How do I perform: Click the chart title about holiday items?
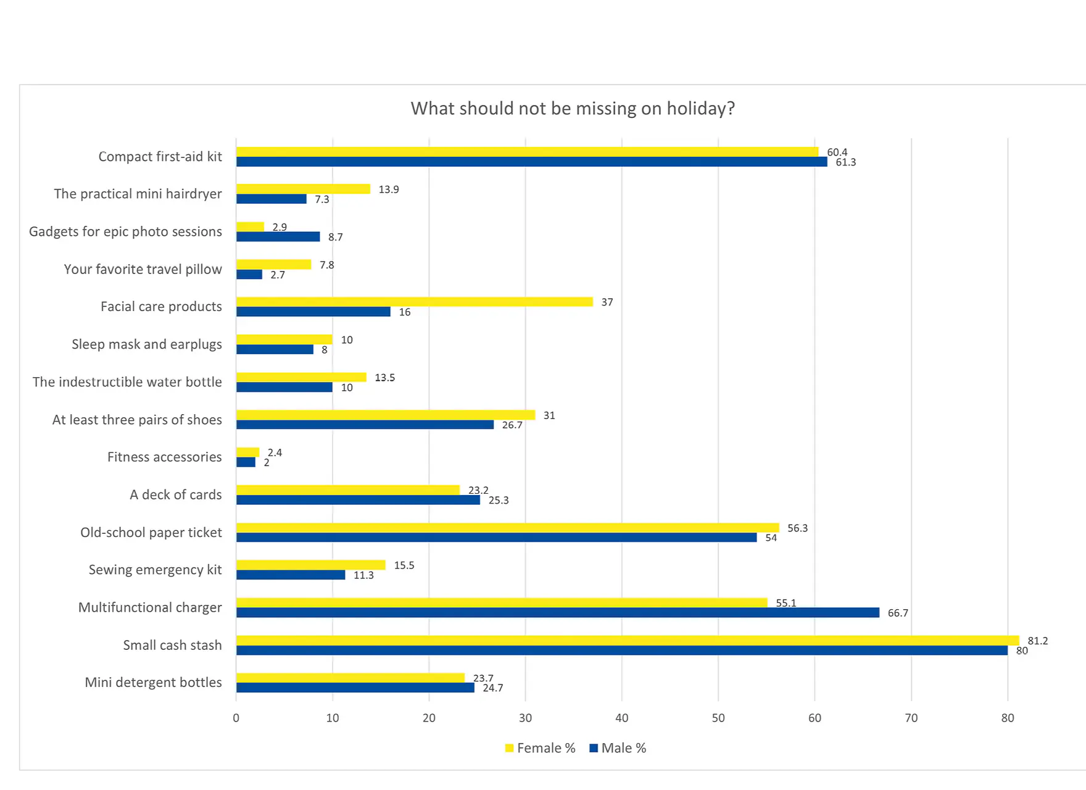[573, 109]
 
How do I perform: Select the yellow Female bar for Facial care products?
[414, 302]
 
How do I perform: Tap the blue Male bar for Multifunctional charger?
[557, 613]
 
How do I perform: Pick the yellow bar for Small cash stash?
[627, 641]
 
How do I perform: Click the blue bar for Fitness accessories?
[246, 462]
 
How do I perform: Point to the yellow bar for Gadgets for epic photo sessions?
[250, 227]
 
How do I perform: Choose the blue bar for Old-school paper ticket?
[496, 538]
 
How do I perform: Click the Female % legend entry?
[540, 748]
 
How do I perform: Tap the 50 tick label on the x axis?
[718, 718]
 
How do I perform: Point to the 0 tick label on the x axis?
[236, 718]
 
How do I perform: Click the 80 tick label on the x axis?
[1008, 718]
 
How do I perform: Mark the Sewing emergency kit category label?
[155, 570]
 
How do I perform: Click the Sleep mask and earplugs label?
[146, 344]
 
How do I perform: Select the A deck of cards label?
[175, 495]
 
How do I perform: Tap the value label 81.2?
[1037, 641]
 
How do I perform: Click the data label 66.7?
[898, 613]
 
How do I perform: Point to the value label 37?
[607, 302]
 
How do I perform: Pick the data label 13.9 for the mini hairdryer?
[389, 189]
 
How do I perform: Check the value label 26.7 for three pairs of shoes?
[512, 425]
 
